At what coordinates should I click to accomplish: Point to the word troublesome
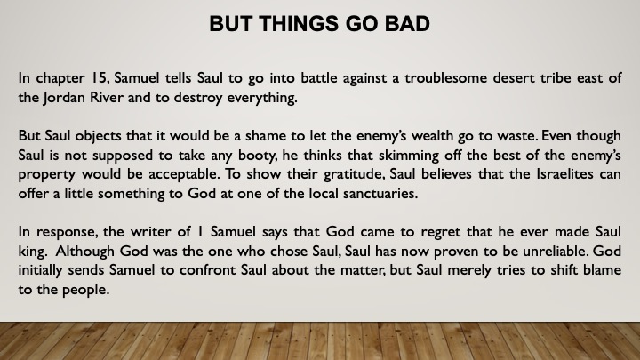(x=445, y=77)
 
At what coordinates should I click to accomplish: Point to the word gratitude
(x=354, y=175)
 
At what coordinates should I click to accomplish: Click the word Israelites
(x=565, y=174)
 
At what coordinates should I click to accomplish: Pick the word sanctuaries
(x=380, y=194)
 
